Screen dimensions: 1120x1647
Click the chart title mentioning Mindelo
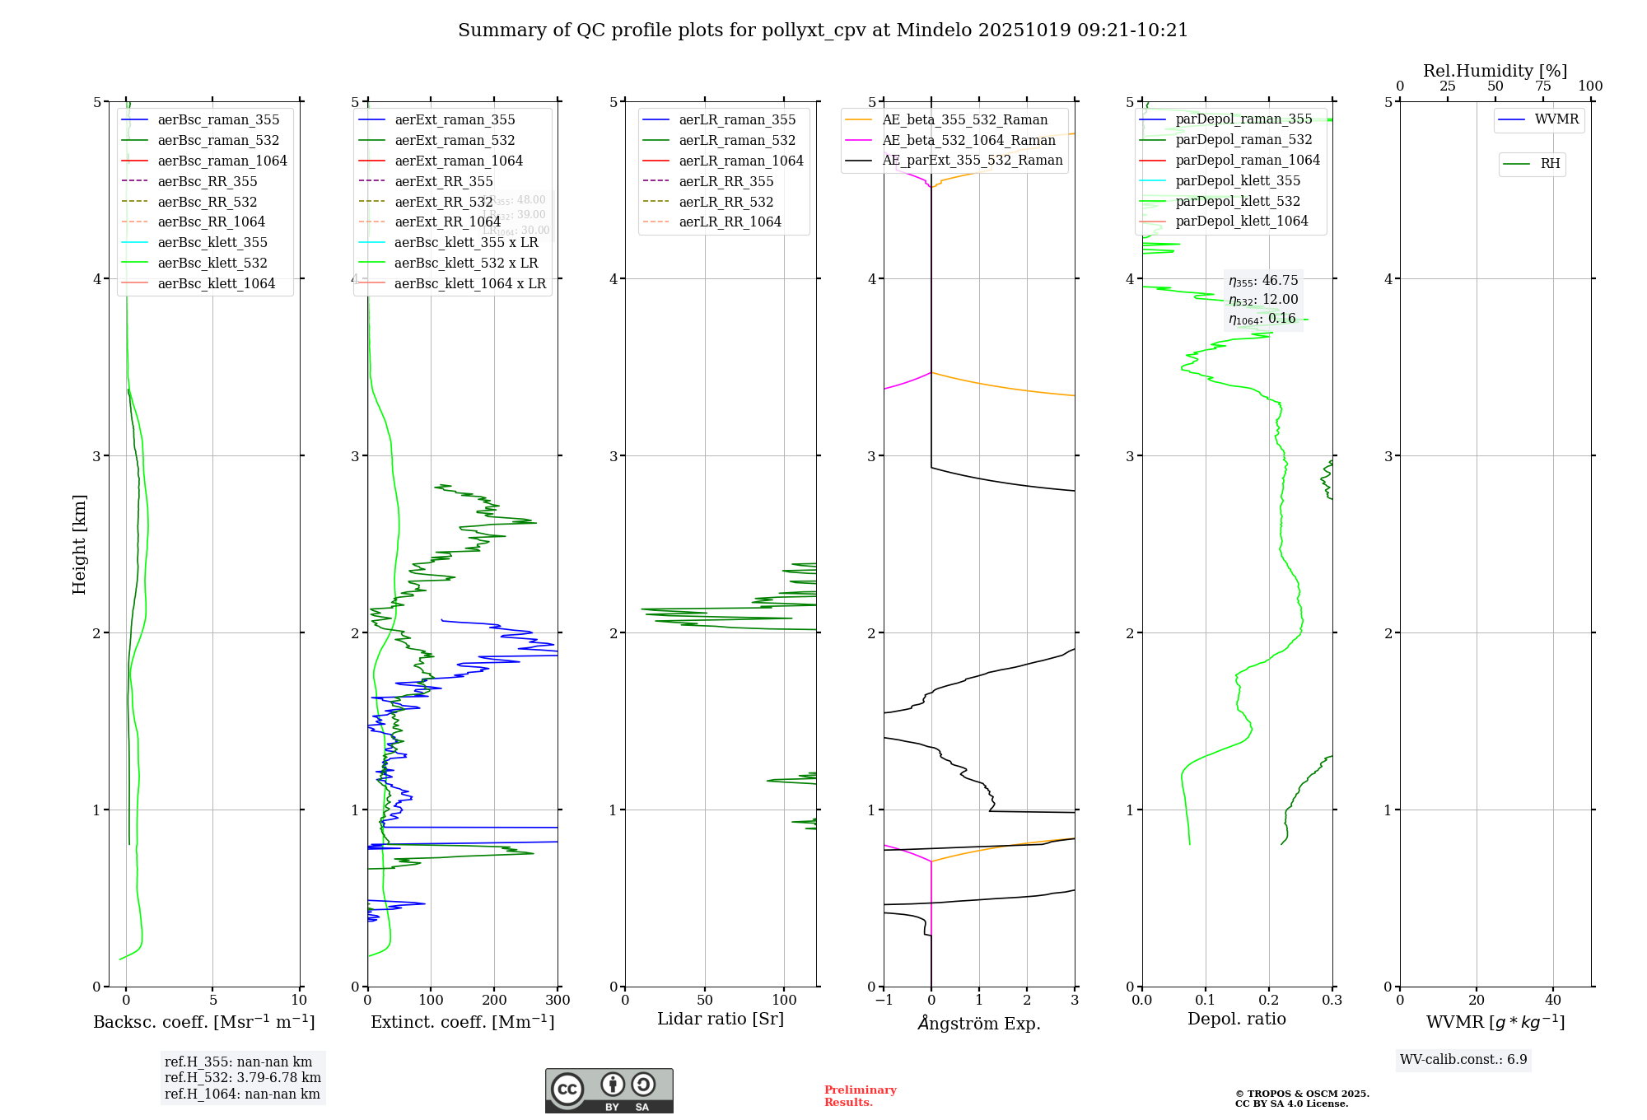823,30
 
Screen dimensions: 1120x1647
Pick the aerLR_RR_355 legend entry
726,181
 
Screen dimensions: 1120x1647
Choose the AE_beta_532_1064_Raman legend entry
968,140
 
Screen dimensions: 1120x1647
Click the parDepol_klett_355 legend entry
1237,180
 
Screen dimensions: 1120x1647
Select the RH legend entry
1550,164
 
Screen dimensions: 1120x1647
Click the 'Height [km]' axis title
79,544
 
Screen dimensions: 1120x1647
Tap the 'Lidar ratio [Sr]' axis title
721,1019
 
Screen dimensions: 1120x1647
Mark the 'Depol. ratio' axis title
1236,1019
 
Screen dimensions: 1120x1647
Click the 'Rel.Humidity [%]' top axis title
1495,71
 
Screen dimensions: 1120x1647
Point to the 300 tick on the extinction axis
558,1001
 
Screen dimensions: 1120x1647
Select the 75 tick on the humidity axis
1542,86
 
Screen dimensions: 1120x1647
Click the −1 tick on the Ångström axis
884,1001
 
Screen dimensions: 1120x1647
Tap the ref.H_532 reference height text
242,1077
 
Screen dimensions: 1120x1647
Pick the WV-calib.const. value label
1463,1059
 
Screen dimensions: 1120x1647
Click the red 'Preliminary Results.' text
860,1096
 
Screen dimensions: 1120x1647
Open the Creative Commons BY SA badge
609,1090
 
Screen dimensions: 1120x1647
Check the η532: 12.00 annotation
1263,300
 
